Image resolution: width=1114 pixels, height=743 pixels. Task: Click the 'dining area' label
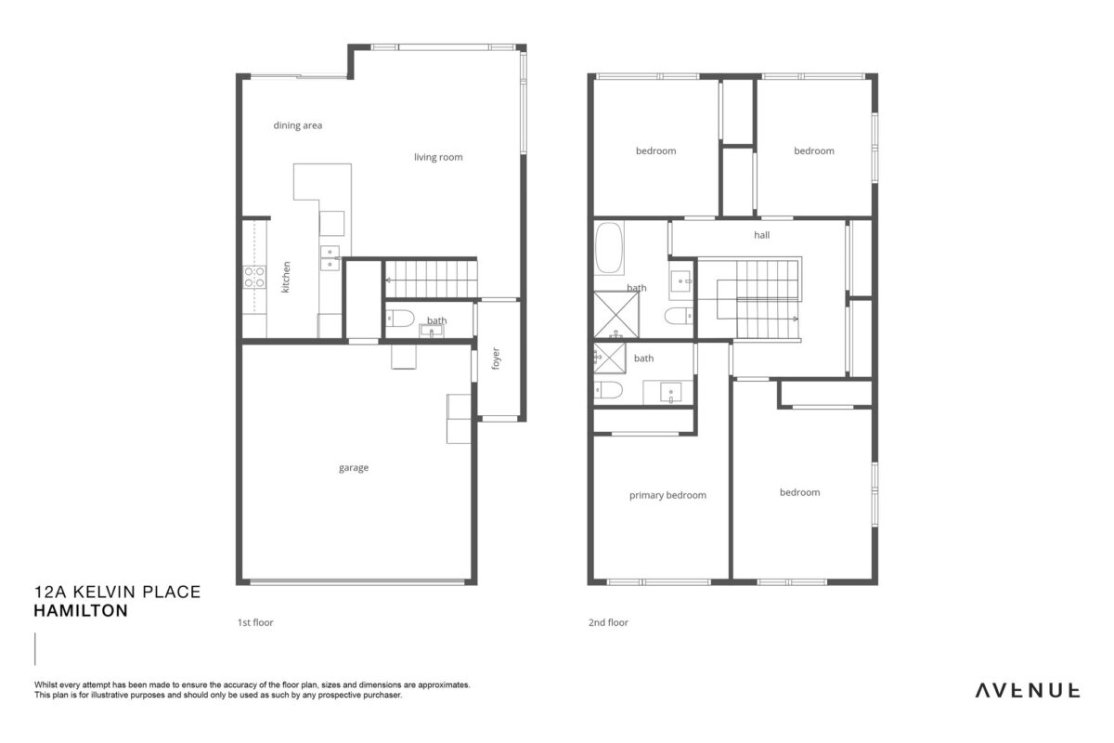(x=297, y=125)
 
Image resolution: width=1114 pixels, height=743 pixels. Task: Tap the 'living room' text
(x=438, y=157)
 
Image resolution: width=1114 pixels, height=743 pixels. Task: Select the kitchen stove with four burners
(x=254, y=277)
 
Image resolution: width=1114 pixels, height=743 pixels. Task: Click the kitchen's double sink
(x=330, y=258)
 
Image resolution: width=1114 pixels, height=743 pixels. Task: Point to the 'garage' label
(x=354, y=468)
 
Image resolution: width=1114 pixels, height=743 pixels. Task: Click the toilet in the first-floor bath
(x=400, y=319)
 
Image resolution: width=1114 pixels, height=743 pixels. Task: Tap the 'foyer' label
(x=496, y=358)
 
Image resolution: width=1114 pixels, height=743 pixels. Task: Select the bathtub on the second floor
(x=609, y=248)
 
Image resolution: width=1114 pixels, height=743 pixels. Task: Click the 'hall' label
(x=761, y=235)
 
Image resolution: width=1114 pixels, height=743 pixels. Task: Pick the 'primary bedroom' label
(x=667, y=495)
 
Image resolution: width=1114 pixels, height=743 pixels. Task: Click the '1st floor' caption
(x=255, y=622)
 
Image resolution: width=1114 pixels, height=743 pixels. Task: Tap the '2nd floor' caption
(x=608, y=622)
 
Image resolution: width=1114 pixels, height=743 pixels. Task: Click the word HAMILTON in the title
(x=81, y=610)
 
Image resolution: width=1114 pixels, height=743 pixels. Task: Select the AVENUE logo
(x=1028, y=691)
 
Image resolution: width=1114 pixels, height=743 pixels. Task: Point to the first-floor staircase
(x=431, y=280)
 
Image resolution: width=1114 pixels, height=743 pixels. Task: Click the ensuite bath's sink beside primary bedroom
(x=671, y=392)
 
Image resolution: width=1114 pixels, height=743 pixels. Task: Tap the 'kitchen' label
(x=286, y=277)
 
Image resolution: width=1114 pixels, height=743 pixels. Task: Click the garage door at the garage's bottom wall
(x=357, y=581)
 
